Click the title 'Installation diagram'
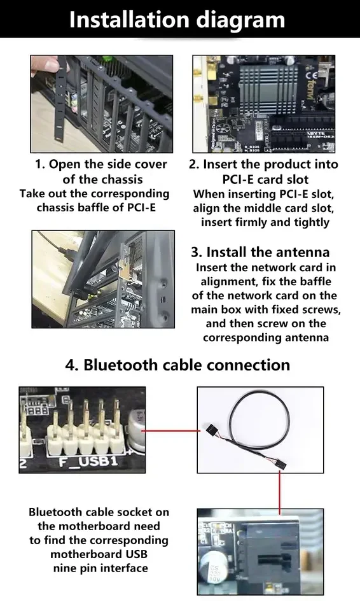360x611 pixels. (177, 19)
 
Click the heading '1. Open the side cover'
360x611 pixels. (100, 164)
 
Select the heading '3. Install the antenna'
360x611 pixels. (260, 251)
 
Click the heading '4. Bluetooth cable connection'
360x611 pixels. (177, 365)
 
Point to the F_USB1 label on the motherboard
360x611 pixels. (89, 460)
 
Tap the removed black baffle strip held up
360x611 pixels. (62, 102)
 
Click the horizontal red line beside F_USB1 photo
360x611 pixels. (170, 430)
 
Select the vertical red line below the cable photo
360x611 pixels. (279, 491)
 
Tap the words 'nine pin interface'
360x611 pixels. (99, 568)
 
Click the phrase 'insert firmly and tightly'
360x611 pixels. (265, 222)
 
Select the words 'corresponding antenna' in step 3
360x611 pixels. (266, 337)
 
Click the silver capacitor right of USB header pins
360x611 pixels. (135, 433)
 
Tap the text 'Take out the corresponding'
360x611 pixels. (95, 193)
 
